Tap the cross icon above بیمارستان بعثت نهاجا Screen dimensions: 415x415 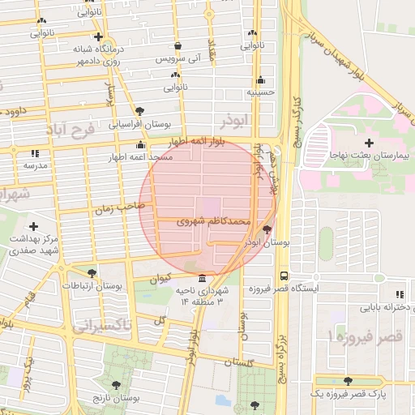369,142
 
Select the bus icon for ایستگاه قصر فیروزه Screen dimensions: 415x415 283,276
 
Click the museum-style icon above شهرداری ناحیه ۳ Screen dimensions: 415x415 202,278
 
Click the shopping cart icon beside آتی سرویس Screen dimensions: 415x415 178,46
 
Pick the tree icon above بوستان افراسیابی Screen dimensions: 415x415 140,111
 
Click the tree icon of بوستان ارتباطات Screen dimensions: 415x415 91,273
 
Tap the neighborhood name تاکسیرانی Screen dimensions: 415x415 102,326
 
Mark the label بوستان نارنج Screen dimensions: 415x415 117,400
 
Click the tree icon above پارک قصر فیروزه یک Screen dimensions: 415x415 348,381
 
